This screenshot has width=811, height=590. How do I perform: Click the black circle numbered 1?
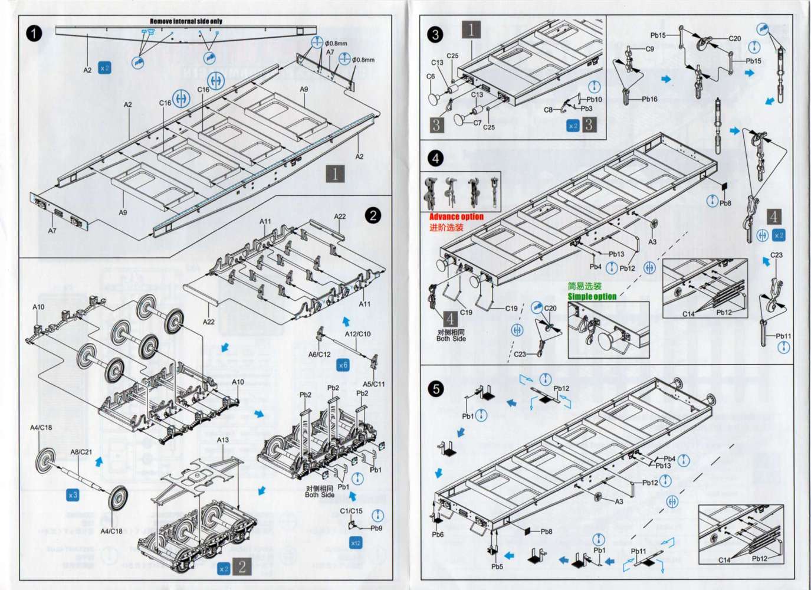[x=34, y=34]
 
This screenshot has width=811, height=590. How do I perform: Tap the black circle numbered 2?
[x=373, y=215]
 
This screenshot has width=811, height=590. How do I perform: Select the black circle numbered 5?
[x=436, y=389]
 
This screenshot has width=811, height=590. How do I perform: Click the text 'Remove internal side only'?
[x=186, y=21]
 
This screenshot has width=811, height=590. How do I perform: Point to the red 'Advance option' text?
[x=456, y=217]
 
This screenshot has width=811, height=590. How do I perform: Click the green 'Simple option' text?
[x=592, y=296]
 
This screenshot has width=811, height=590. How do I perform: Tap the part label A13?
[x=223, y=440]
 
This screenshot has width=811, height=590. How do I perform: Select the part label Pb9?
[x=376, y=528]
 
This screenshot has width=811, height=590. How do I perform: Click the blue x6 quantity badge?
[x=343, y=365]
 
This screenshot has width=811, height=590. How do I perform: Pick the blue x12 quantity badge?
[x=356, y=543]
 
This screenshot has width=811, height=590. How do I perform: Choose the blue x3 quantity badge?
[x=73, y=495]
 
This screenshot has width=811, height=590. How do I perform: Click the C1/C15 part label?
[x=351, y=511]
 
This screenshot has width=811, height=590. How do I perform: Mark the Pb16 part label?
[x=649, y=99]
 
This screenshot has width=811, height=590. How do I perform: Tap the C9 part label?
[x=649, y=49]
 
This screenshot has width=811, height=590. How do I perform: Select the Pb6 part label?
[x=437, y=535]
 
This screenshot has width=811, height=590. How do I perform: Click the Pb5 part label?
[x=497, y=567]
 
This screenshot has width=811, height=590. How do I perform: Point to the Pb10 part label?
[x=594, y=99]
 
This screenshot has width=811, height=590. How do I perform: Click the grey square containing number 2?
[x=242, y=567]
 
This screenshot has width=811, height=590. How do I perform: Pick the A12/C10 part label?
[x=358, y=334]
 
